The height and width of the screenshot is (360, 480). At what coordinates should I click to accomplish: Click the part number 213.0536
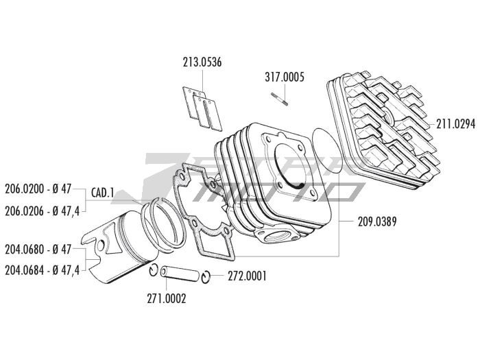[x=202, y=62]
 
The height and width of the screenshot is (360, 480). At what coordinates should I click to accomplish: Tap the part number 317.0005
[x=285, y=77]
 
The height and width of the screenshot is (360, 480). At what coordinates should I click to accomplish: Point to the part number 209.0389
[x=376, y=221]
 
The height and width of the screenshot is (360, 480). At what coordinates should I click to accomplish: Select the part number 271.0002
[x=165, y=298]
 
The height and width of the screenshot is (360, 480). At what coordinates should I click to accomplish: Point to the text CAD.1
[x=102, y=193]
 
